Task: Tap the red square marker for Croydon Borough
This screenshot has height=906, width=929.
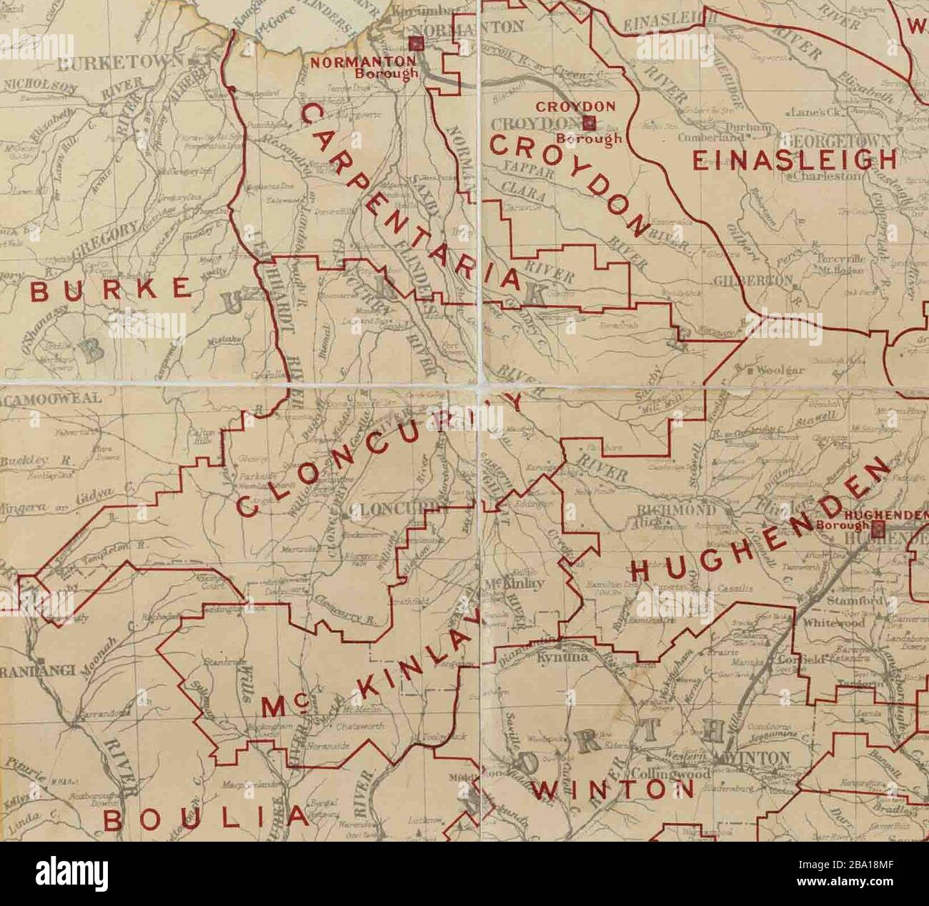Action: pyautogui.click(x=590, y=122)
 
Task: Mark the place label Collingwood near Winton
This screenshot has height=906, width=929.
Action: pyautogui.click(x=670, y=774)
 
